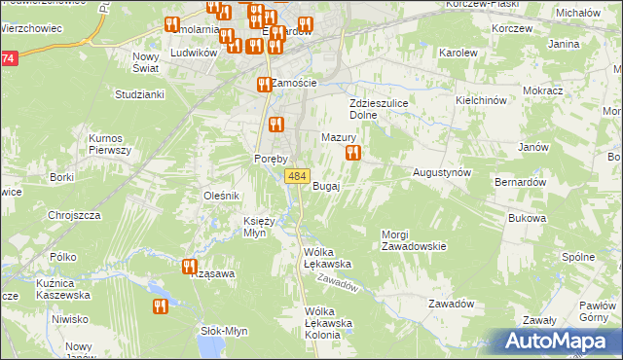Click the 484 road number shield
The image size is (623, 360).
point(298,176)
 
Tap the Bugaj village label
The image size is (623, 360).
point(326,186)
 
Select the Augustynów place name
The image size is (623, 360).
point(442,171)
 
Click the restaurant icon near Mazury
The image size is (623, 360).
point(353,153)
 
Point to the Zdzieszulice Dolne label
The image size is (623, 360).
point(377,108)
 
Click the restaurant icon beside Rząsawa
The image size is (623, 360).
point(189,266)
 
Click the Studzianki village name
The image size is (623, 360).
point(139,94)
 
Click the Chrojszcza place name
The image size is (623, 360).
point(74,215)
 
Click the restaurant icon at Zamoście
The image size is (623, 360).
point(263,85)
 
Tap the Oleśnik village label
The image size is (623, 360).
point(221,196)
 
